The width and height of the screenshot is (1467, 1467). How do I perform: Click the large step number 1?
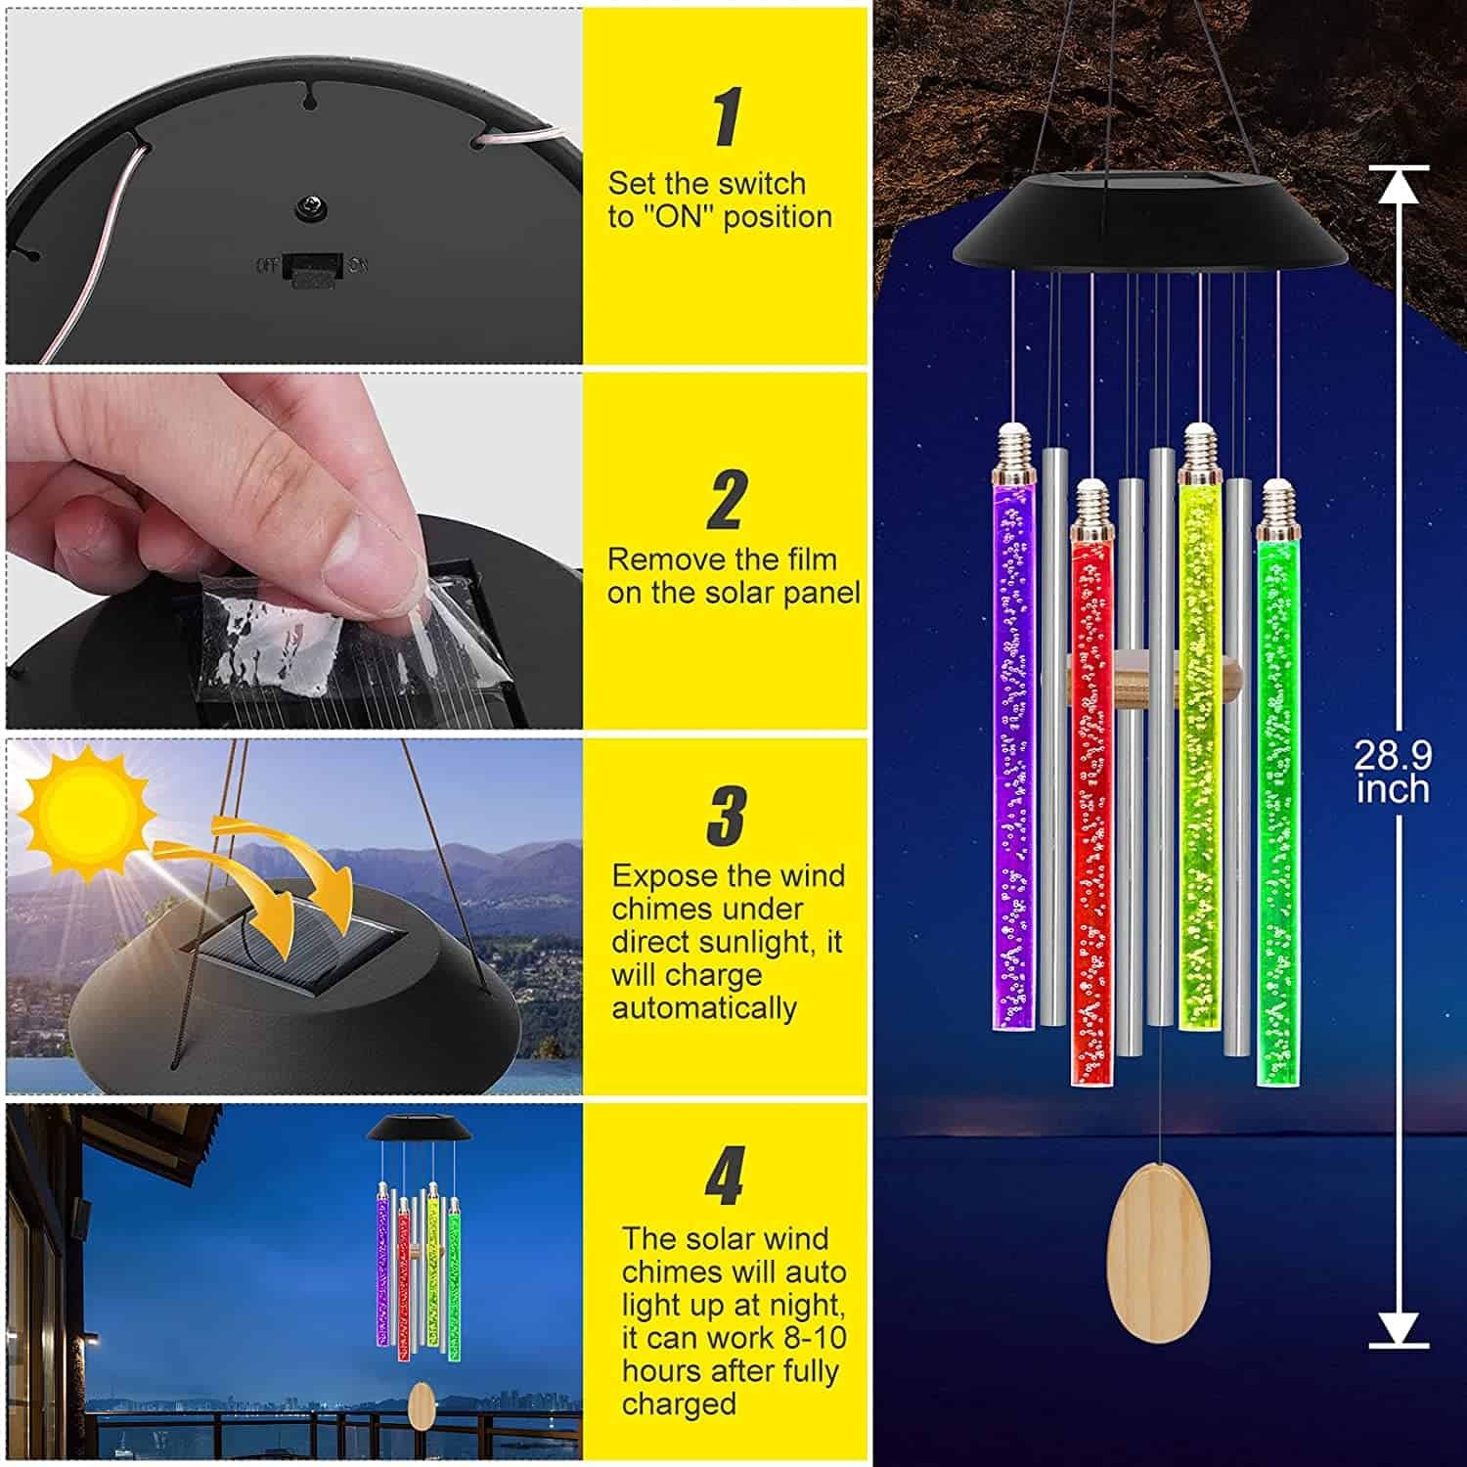pos(726,117)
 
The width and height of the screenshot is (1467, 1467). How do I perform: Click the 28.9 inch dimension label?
pos(1393,772)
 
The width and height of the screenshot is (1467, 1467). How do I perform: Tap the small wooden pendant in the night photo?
pos(422,1403)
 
